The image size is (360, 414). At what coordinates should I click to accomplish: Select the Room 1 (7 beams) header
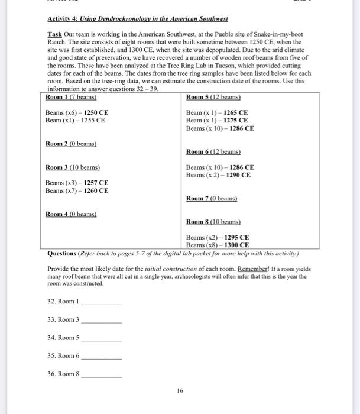(x=71, y=97)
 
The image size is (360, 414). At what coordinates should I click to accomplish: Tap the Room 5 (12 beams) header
(x=213, y=97)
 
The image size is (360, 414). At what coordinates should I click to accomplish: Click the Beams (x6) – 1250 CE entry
(x=77, y=112)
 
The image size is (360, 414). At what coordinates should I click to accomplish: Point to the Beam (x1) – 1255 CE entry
(x=75, y=120)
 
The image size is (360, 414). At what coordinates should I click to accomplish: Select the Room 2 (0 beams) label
(x=71, y=144)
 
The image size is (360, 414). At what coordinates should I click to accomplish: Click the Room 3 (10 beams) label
(x=72, y=167)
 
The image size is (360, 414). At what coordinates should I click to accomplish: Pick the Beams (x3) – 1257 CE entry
(x=77, y=183)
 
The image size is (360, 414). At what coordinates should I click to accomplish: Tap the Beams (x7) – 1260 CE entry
(x=77, y=190)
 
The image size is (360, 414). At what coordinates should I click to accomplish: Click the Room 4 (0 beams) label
(x=71, y=214)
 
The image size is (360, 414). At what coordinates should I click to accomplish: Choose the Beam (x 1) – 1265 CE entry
(x=217, y=112)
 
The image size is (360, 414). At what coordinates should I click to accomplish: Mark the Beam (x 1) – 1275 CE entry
(x=217, y=120)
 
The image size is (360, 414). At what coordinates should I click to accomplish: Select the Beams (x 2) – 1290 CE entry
(x=218, y=175)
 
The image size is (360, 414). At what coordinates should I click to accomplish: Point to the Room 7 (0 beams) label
(x=211, y=198)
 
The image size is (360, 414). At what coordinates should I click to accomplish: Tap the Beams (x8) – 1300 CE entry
(x=217, y=245)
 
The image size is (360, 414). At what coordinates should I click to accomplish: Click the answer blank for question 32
(x=101, y=302)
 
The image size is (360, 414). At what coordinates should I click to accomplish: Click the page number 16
(x=180, y=391)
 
